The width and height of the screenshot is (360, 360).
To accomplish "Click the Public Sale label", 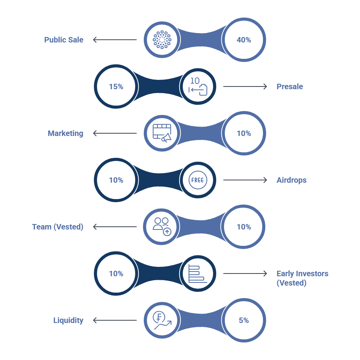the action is click(x=64, y=40).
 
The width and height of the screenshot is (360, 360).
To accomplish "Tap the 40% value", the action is click(x=244, y=40).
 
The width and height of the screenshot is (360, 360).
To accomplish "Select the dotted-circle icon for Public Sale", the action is click(x=162, y=40).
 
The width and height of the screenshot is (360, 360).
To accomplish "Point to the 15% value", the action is click(x=116, y=86).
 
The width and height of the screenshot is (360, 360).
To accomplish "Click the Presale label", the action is click(x=290, y=86).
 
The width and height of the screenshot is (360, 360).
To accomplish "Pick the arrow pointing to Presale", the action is click(x=245, y=86).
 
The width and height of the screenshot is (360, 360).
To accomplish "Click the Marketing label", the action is click(x=65, y=133).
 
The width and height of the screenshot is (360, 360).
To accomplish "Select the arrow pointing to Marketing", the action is click(x=115, y=133).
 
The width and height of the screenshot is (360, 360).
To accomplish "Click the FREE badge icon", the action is click(x=198, y=180).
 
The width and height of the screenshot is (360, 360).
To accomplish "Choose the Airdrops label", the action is click(x=291, y=180).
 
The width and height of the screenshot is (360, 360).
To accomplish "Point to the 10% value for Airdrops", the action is click(x=116, y=180).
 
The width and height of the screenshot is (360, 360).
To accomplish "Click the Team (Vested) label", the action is click(x=58, y=227).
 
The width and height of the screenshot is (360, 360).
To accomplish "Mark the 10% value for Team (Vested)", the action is click(x=244, y=227).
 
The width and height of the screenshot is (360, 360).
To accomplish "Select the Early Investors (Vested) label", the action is click(x=302, y=278).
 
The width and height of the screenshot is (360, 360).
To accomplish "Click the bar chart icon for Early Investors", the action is click(x=198, y=274).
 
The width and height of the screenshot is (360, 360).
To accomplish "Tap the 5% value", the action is click(x=244, y=320).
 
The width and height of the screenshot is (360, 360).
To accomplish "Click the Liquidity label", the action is click(x=68, y=320).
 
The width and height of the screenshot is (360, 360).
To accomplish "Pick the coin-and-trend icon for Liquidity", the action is click(x=162, y=320).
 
